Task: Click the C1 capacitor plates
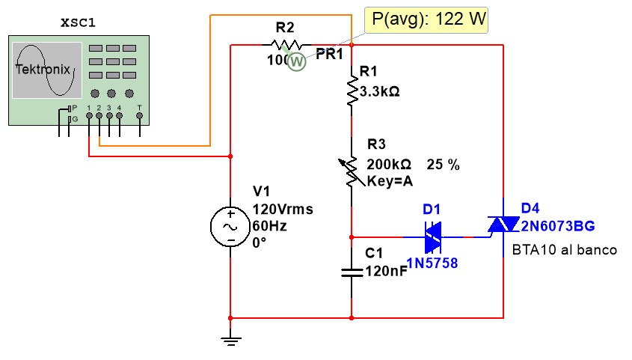pyautogui.click(x=351, y=271)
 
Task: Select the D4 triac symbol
pyautogui.click(x=503, y=225)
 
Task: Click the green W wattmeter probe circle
pyautogui.click(x=297, y=62)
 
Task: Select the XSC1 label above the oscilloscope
pyautogui.click(x=78, y=22)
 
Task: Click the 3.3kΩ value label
pyautogui.click(x=379, y=92)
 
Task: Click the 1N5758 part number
pyautogui.click(x=432, y=263)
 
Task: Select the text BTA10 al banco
pyautogui.click(x=564, y=250)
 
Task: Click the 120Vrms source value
pyautogui.click(x=283, y=210)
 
